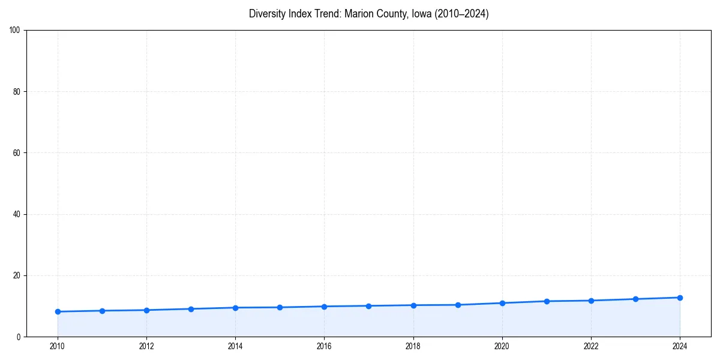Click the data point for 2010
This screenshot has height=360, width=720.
coord(58,311)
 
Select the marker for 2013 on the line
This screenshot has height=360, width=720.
coord(191,309)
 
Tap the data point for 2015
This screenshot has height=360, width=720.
coord(280,307)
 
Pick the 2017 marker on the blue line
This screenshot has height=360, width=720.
coord(368,306)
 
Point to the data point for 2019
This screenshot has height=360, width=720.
coord(458,305)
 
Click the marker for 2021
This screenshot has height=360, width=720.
coord(547,301)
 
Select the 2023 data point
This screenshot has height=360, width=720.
coord(635,299)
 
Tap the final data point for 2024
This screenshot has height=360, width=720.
coord(680,298)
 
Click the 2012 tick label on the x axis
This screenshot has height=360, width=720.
coord(146,346)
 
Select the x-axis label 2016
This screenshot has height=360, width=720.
coord(324,346)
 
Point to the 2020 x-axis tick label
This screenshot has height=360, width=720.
coord(502,346)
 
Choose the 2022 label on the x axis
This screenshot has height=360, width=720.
coord(591,346)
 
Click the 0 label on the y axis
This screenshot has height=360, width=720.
coord(19,337)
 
